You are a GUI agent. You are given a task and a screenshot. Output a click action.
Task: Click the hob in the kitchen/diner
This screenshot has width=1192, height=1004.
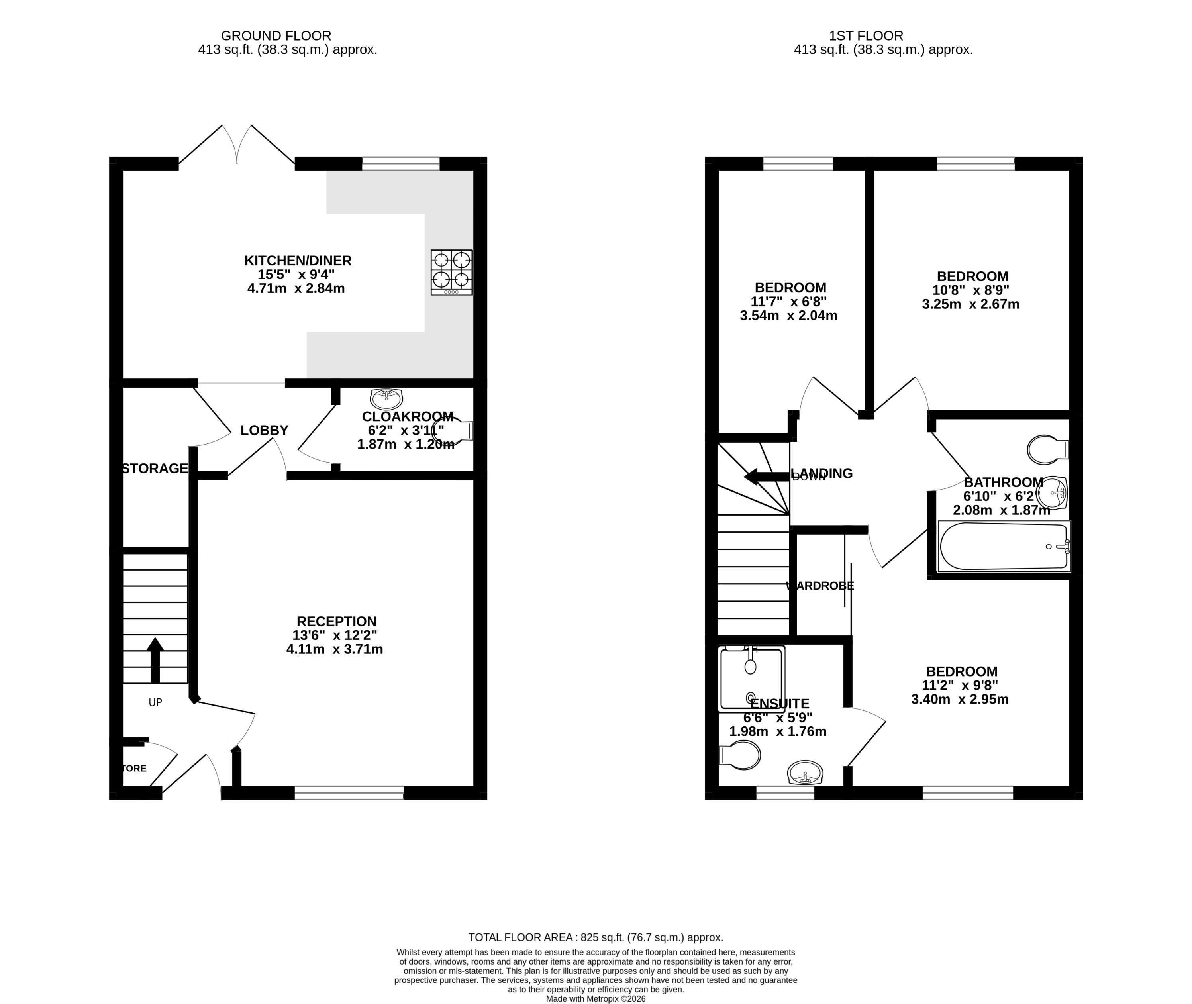coord(451,272)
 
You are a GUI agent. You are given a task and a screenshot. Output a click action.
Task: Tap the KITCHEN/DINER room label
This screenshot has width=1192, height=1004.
coord(298,261)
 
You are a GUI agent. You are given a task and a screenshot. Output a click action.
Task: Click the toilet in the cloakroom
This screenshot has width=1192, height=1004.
coord(455,431)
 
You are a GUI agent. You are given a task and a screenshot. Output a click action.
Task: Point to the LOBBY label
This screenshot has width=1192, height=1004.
coord(264,430)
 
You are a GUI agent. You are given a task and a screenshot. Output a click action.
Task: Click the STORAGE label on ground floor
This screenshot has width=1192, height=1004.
coord(155,469)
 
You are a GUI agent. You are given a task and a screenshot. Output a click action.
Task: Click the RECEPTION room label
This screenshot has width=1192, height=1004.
coord(336,621)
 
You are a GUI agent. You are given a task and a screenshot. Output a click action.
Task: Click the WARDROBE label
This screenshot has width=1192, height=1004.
coord(820,586)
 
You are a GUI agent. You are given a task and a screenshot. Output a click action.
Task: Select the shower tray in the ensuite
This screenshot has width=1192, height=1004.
coord(751,678)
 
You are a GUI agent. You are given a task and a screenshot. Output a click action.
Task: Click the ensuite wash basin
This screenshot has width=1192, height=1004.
coord(805,773)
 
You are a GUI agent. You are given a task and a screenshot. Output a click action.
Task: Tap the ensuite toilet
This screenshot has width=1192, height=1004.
coord(741,755)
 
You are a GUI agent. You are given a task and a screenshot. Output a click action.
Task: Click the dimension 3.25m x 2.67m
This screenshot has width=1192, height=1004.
coord(970,304)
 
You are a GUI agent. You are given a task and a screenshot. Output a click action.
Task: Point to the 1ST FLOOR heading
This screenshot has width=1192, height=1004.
coord(866,36)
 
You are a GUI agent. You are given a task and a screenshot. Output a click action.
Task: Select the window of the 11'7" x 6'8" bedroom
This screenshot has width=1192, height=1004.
coord(798,163)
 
